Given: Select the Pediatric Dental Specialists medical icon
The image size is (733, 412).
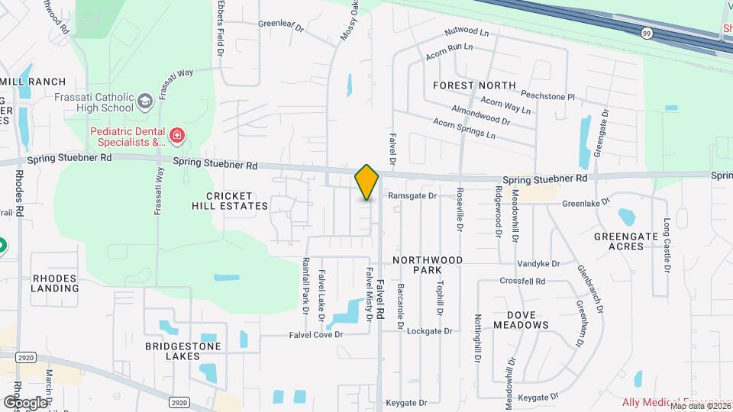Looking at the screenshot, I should (x=177, y=136).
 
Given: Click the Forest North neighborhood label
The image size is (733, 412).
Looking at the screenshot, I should (x=474, y=85).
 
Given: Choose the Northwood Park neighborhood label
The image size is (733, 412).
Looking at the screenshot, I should (x=428, y=265).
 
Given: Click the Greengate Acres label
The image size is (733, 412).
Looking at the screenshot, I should (x=626, y=241).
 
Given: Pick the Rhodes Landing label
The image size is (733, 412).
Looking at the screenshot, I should (x=55, y=283).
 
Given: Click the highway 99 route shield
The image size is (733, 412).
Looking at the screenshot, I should (x=647, y=33).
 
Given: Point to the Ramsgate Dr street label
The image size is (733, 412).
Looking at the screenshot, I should (x=412, y=196).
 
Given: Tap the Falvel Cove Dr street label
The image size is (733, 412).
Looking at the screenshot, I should (x=317, y=335).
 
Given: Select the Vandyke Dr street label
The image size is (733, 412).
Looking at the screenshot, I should (x=538, y=263).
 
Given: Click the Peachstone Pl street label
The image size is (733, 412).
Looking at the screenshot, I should (x=549, y=97).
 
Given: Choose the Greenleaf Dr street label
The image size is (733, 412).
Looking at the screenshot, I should (x=281, y=25).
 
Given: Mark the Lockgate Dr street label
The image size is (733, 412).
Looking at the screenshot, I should (x=430, y=331).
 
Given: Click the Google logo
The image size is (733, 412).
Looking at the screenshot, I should (x=25, y=402).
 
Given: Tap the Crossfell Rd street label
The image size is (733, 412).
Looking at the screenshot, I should (x=522, y=282).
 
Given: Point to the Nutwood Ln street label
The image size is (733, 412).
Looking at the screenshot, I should (x=467, y=33).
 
